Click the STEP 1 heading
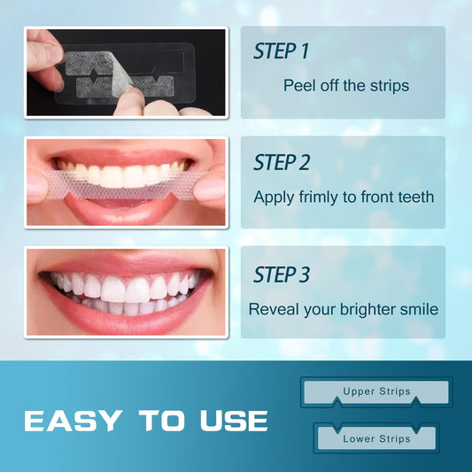coord(281,51)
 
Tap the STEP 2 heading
coord(282,163)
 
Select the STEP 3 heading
coord(282,274)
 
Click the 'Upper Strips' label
coord(375,391)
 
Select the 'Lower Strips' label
coord(376,438)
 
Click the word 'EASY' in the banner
coord(71,420)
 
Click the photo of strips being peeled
coord(127,73)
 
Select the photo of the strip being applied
coord(127,182)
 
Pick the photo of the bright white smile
coord(127,292)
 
